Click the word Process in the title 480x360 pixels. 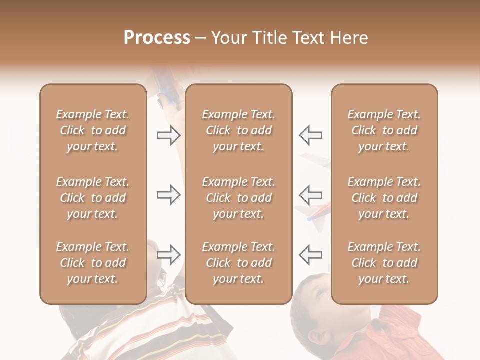tap(157, 38)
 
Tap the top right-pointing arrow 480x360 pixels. tap(168, 135)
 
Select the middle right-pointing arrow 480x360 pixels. tap(168, 195)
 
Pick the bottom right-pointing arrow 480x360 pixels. tap(168, 255)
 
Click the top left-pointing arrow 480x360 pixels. tap(310, 135)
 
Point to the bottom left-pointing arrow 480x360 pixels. tap(310, 255)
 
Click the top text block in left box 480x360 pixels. tap(93, 130)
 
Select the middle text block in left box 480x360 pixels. tap(93, 198)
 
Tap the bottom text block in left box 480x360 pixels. tap(93, 263)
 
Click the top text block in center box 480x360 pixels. tap(238, 130)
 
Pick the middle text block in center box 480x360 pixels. tap(238, 198)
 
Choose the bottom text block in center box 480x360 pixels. tap(238, 263)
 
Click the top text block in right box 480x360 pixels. tap(384, 130)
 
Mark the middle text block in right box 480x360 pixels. tap(384, 198)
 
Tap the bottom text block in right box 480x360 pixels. tap(384, 263)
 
